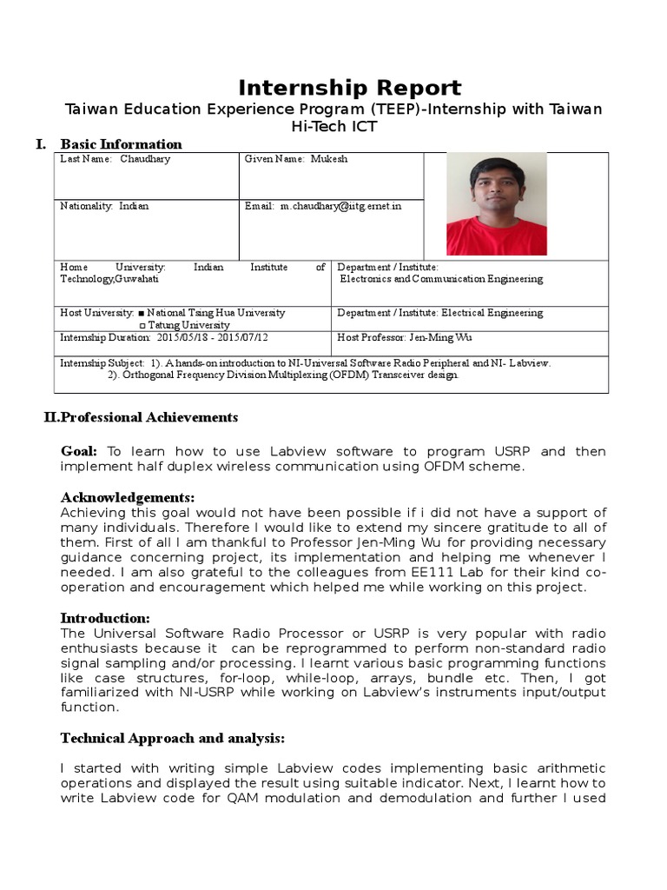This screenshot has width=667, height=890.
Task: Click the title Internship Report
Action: click(350, 88)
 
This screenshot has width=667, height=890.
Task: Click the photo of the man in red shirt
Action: click(496, 204)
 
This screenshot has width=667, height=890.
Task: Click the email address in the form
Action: click(340, 207)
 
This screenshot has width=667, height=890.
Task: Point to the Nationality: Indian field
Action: click(104, 207)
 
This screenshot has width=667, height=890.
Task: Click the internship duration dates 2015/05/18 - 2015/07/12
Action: click(213, 337)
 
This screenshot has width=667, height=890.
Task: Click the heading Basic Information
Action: click(121, 144)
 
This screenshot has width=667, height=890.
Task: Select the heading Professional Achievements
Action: click(148, 417)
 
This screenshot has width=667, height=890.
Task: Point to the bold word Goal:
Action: click(79, 451)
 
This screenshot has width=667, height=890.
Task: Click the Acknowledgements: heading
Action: click(128, 497)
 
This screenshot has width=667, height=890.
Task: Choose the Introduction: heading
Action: click(105, 618)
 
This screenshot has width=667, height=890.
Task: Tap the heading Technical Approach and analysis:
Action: click(172, 738)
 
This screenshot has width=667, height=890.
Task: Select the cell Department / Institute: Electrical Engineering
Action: click(439, 313)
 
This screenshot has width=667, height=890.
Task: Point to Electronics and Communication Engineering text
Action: click(441, 280)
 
